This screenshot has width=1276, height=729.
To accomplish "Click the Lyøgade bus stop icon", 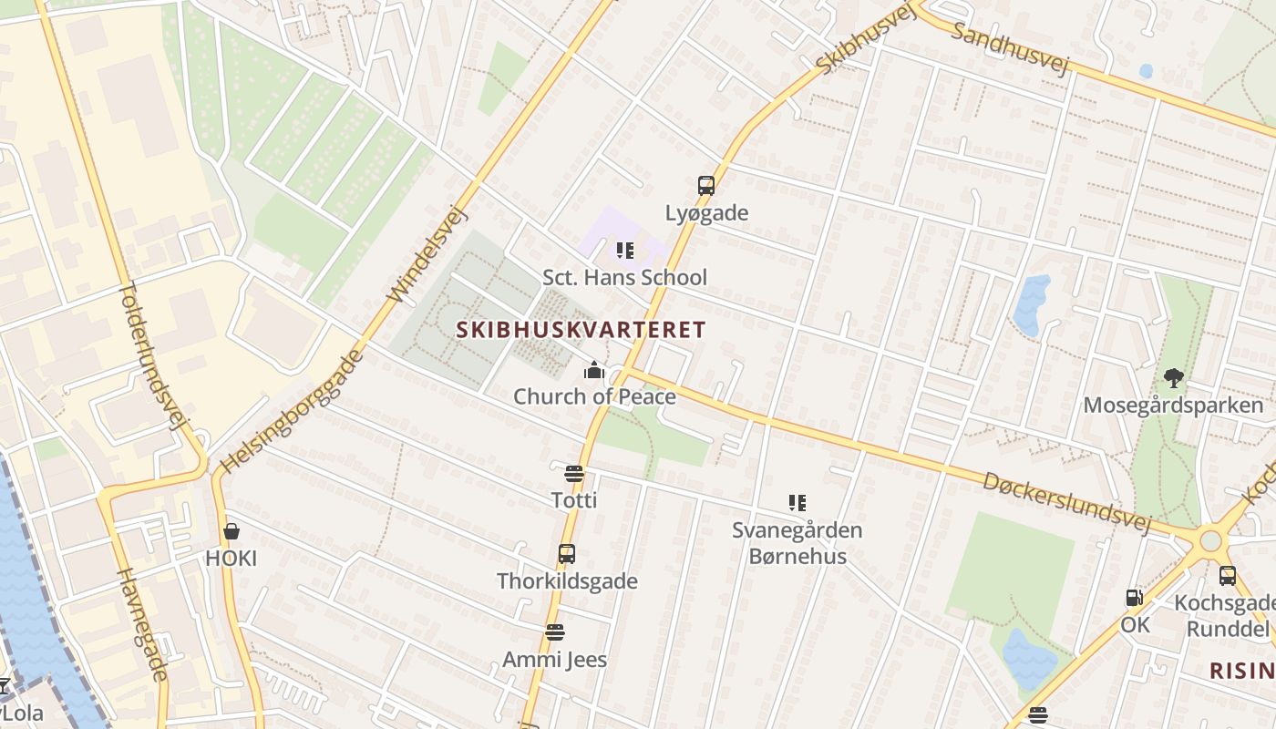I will pyautogui.click(x=705, y=186).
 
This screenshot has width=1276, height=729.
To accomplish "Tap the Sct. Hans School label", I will pyautogui.click(x=624, y=277).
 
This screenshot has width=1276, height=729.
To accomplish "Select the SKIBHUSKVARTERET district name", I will pyautogui.click(x=581, y=330).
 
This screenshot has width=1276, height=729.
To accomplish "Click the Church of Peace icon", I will pyautogui.click(x=594, y=370).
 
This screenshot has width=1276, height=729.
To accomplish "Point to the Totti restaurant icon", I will pyautogui.click(x=573, y=473).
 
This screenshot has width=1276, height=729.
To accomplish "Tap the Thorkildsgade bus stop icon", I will pyautogui.click(x=567, y=554).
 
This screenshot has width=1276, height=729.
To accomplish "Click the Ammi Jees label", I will pyautogui.click(x=554, y=659).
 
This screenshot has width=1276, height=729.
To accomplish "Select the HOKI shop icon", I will pyautogui.click(x=232, y=531).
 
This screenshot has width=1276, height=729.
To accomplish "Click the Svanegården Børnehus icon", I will pyautogui.click(x=797, y=503).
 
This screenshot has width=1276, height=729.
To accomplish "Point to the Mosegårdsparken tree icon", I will pyautogui.click(x=1173, y=377).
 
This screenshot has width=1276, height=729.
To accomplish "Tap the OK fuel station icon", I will pyautogui.click(x=1135, y=598).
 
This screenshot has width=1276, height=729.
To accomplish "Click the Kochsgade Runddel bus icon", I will pyautogui.click(x=1228, y=576).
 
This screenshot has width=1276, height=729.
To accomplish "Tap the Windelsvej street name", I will pyautogui.click(x=427, y=254).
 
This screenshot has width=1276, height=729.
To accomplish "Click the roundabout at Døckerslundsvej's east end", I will pyautogui.click(x=1210, y=541).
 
